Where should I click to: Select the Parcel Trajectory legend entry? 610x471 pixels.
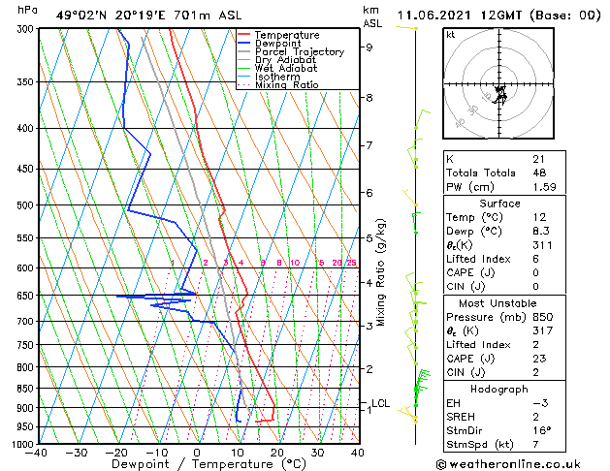click(x=299, y=52)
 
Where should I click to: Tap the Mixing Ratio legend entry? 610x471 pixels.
click(x=286, y=85)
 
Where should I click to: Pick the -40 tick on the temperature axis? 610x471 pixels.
click(x=37, y=452)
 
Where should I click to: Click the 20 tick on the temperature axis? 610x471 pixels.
click(x=276, y=452)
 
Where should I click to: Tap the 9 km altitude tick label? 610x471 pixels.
click(x=369, y=47)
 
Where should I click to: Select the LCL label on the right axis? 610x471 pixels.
click(x=381, y=403)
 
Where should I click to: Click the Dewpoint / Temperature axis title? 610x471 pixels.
click(x=197, y=464)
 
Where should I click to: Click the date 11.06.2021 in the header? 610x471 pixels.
click(x=434, y=16)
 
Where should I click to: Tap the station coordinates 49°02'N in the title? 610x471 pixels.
click(x=80, y=16)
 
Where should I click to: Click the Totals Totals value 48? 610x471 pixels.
click(x=539, y=173)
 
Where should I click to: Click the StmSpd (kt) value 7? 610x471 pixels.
click(x=535, y=444)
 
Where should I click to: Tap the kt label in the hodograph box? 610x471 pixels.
click(x=450, y=35)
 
